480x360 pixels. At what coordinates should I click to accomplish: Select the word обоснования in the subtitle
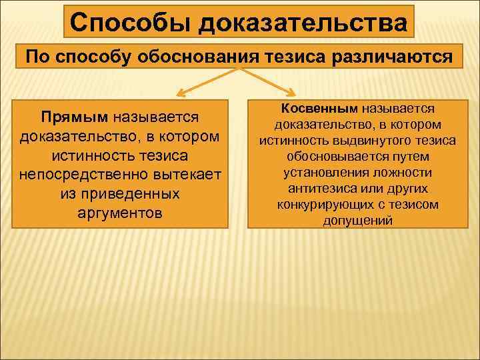[203, 57]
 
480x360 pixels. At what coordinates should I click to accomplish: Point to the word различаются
[400, 57]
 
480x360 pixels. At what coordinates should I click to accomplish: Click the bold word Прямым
[74, 117]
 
